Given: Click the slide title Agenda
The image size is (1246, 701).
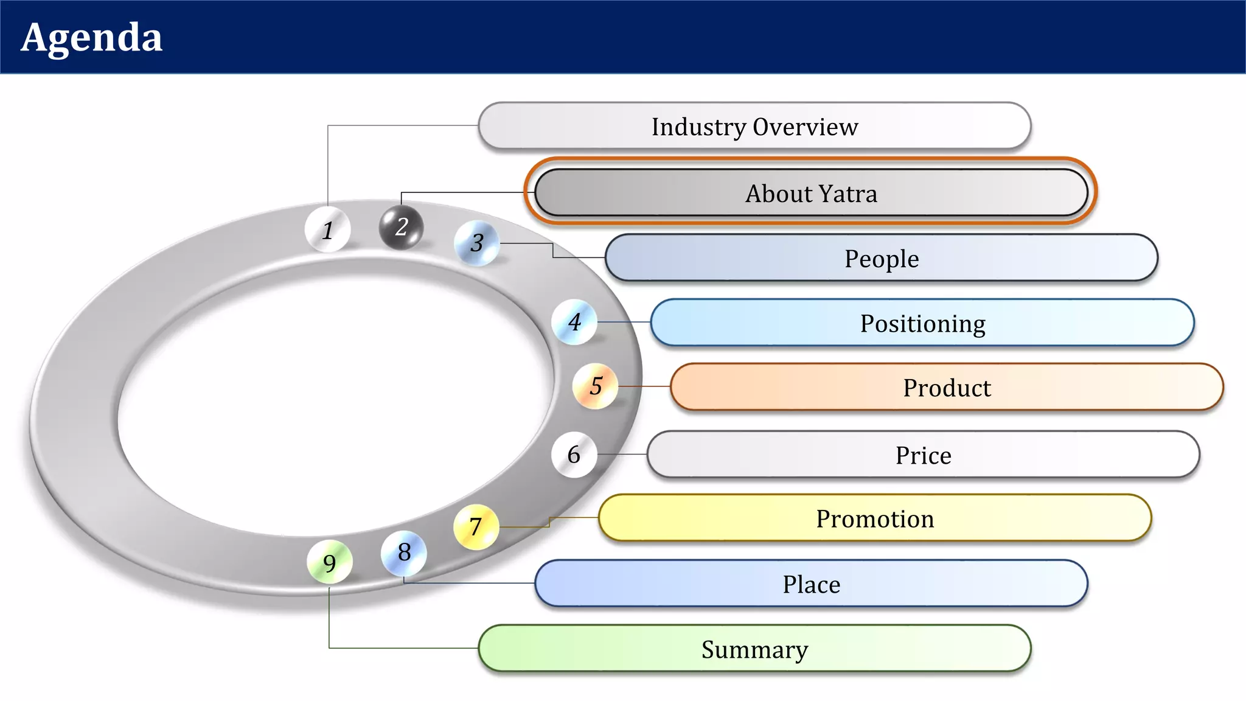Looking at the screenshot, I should pyautogui.click(x=92, y=38).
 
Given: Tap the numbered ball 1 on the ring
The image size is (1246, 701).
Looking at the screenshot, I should pyautogui.click(x=328, y=229).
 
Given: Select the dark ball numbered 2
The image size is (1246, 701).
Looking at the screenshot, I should pyautogui.click(x=401, y=227).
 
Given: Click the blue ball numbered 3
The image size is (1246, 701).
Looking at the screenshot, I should pyautogui.click(x=477, y=243).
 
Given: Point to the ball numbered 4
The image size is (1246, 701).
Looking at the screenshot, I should pyautogui.click(x=574, y=322).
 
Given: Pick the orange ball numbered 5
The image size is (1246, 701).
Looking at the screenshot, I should pyautogui.click(x=596, y=386).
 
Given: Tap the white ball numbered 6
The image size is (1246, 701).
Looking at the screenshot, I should pyautogui.click(x=574, y=455).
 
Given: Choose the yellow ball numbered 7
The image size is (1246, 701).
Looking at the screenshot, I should pyautogui.click(x=476, y=526).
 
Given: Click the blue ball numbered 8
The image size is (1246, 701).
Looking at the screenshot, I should pyautogui.click(x=404, y=553).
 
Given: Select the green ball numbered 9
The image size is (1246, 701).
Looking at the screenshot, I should pyautogui.click(x=329, y=563).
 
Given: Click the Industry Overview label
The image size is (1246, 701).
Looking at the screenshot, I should pyautogui.click(x=754, y=127).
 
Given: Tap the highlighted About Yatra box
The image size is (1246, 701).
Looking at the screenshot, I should pyautogui.click(x=811, y=193).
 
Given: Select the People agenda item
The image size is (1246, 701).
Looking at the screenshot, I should pyautogui.click(x=881, y=258).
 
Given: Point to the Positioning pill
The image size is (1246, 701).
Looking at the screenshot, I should pyautogui.click(x=922, y=323).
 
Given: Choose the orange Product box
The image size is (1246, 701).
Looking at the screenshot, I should pyautogui.click(x=947, y=388).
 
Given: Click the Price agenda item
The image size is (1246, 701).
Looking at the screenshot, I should pyautogui.click(x=923, y=455).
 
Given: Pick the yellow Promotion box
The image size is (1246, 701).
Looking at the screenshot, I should pyautogui.click(x=875, y=518).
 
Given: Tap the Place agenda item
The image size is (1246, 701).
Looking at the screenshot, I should pyautogui.click(x=811, y=584).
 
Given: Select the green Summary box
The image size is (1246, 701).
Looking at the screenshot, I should pyautogui.click(x=754, y=649).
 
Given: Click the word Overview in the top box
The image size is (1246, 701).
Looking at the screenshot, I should pyautogui.click(x=806, y=127).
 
